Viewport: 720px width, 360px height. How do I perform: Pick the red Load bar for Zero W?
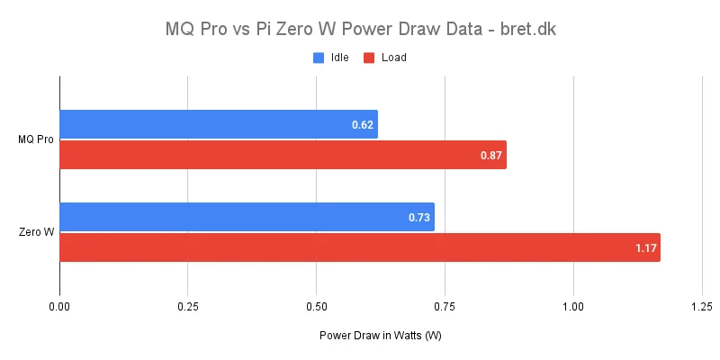pyautogui.click(x=360, y=247)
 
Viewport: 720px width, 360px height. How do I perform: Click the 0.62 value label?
pyautogui.click(x=363, y=124)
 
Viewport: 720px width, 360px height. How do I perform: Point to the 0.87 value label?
pyautogui.click(x=491, y=155)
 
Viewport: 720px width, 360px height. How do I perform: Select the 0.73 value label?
pyautogui.click(x=419, y=217)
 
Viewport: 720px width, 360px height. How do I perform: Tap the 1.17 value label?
pyautogui.click(x=645, y=247)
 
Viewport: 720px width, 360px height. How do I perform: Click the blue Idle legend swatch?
pyautogui.click(x=319, y=58)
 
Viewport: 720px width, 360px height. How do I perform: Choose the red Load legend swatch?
pyautogui.click(x=369, y=58)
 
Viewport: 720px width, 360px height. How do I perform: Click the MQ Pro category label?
pyautogui.click(x=36, y=139)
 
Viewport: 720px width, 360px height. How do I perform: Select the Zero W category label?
pyautogui.click(x=36, y=232)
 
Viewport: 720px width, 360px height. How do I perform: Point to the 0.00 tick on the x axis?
pyautogui.click(x=59, y=306)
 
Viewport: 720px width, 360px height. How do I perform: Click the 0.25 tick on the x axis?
pyautogui.click(x=188, y=306)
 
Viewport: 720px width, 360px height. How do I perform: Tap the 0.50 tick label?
pyautogui.click(x=316, y=306)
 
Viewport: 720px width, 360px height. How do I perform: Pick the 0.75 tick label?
pyautogui.click(x=445, y=306)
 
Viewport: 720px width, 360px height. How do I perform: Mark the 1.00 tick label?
pyautogui.click(x=573, y=306)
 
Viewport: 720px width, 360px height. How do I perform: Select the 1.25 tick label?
pyautogui.click(x=701, y=306)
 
